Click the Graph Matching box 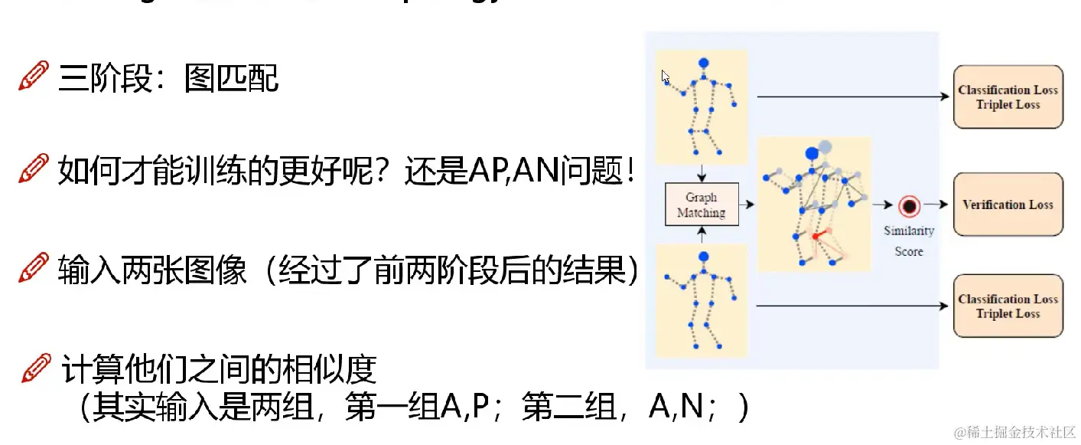[x=702, y=205]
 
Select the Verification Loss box [x=1008, y=205]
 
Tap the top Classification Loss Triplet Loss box [x=1008, y=97]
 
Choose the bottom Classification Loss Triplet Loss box [x=1008, y=306]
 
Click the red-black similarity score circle [x=909, y=205]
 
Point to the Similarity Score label [x=909, y=240]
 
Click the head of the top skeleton [x=704, y=63]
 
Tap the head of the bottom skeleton [x=704, y=257]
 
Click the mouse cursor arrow [x=666, y=77]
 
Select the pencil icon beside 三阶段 [x=34, y=77]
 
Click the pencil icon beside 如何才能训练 [x=34, y=169]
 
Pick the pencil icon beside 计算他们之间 [x=37, y=368]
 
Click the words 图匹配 [x=231, y=78]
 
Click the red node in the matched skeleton [x=816, y=237]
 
